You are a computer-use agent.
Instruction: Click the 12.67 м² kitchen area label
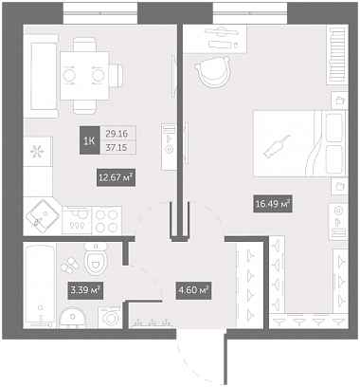116,177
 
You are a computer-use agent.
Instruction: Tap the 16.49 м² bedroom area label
273,204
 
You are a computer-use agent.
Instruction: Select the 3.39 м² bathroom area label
85,289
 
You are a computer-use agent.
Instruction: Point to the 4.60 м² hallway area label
193,289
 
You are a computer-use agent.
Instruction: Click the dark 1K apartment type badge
89,140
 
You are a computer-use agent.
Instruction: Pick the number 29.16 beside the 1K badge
117,134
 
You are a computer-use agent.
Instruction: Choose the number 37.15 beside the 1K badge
117,147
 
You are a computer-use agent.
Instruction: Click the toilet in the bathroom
96,258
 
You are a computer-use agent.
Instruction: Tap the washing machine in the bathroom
110,318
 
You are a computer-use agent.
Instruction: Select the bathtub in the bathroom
40,286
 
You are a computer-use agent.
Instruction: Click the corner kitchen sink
43,216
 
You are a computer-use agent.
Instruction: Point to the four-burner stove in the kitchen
107,221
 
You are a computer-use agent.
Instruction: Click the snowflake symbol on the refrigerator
37,151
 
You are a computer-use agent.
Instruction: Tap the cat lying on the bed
277,146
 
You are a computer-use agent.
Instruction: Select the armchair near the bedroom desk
213,72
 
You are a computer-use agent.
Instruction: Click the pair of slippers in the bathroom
70,265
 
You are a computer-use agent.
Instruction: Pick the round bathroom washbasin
73,317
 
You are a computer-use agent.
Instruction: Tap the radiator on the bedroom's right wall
337,55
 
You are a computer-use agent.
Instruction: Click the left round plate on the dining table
68,76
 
